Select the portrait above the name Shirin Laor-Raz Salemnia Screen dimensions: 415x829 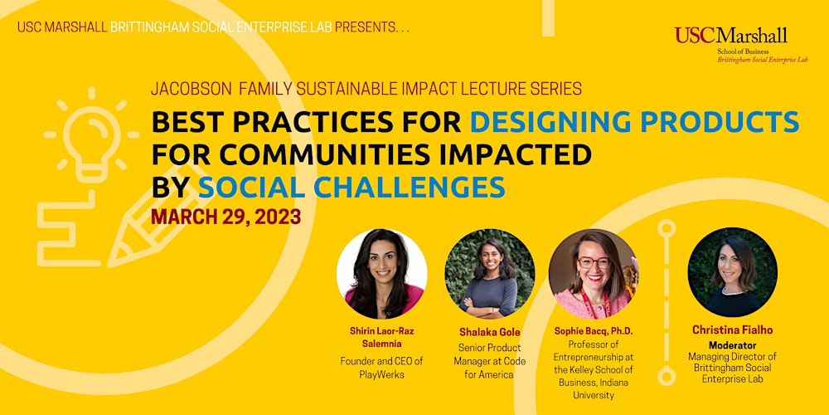381,273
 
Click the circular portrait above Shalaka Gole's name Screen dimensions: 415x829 489,273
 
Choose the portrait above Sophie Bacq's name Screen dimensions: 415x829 593,273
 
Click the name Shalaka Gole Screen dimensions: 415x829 489,331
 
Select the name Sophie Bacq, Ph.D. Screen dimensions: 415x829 593,330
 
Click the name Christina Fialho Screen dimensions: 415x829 732,330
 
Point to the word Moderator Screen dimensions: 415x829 732,344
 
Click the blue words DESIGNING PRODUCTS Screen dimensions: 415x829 634,122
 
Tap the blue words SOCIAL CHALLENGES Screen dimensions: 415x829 351,187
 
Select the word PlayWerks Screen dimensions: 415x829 381,374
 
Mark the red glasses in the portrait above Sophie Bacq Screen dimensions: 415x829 594,263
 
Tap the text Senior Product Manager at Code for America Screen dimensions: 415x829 489,360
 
